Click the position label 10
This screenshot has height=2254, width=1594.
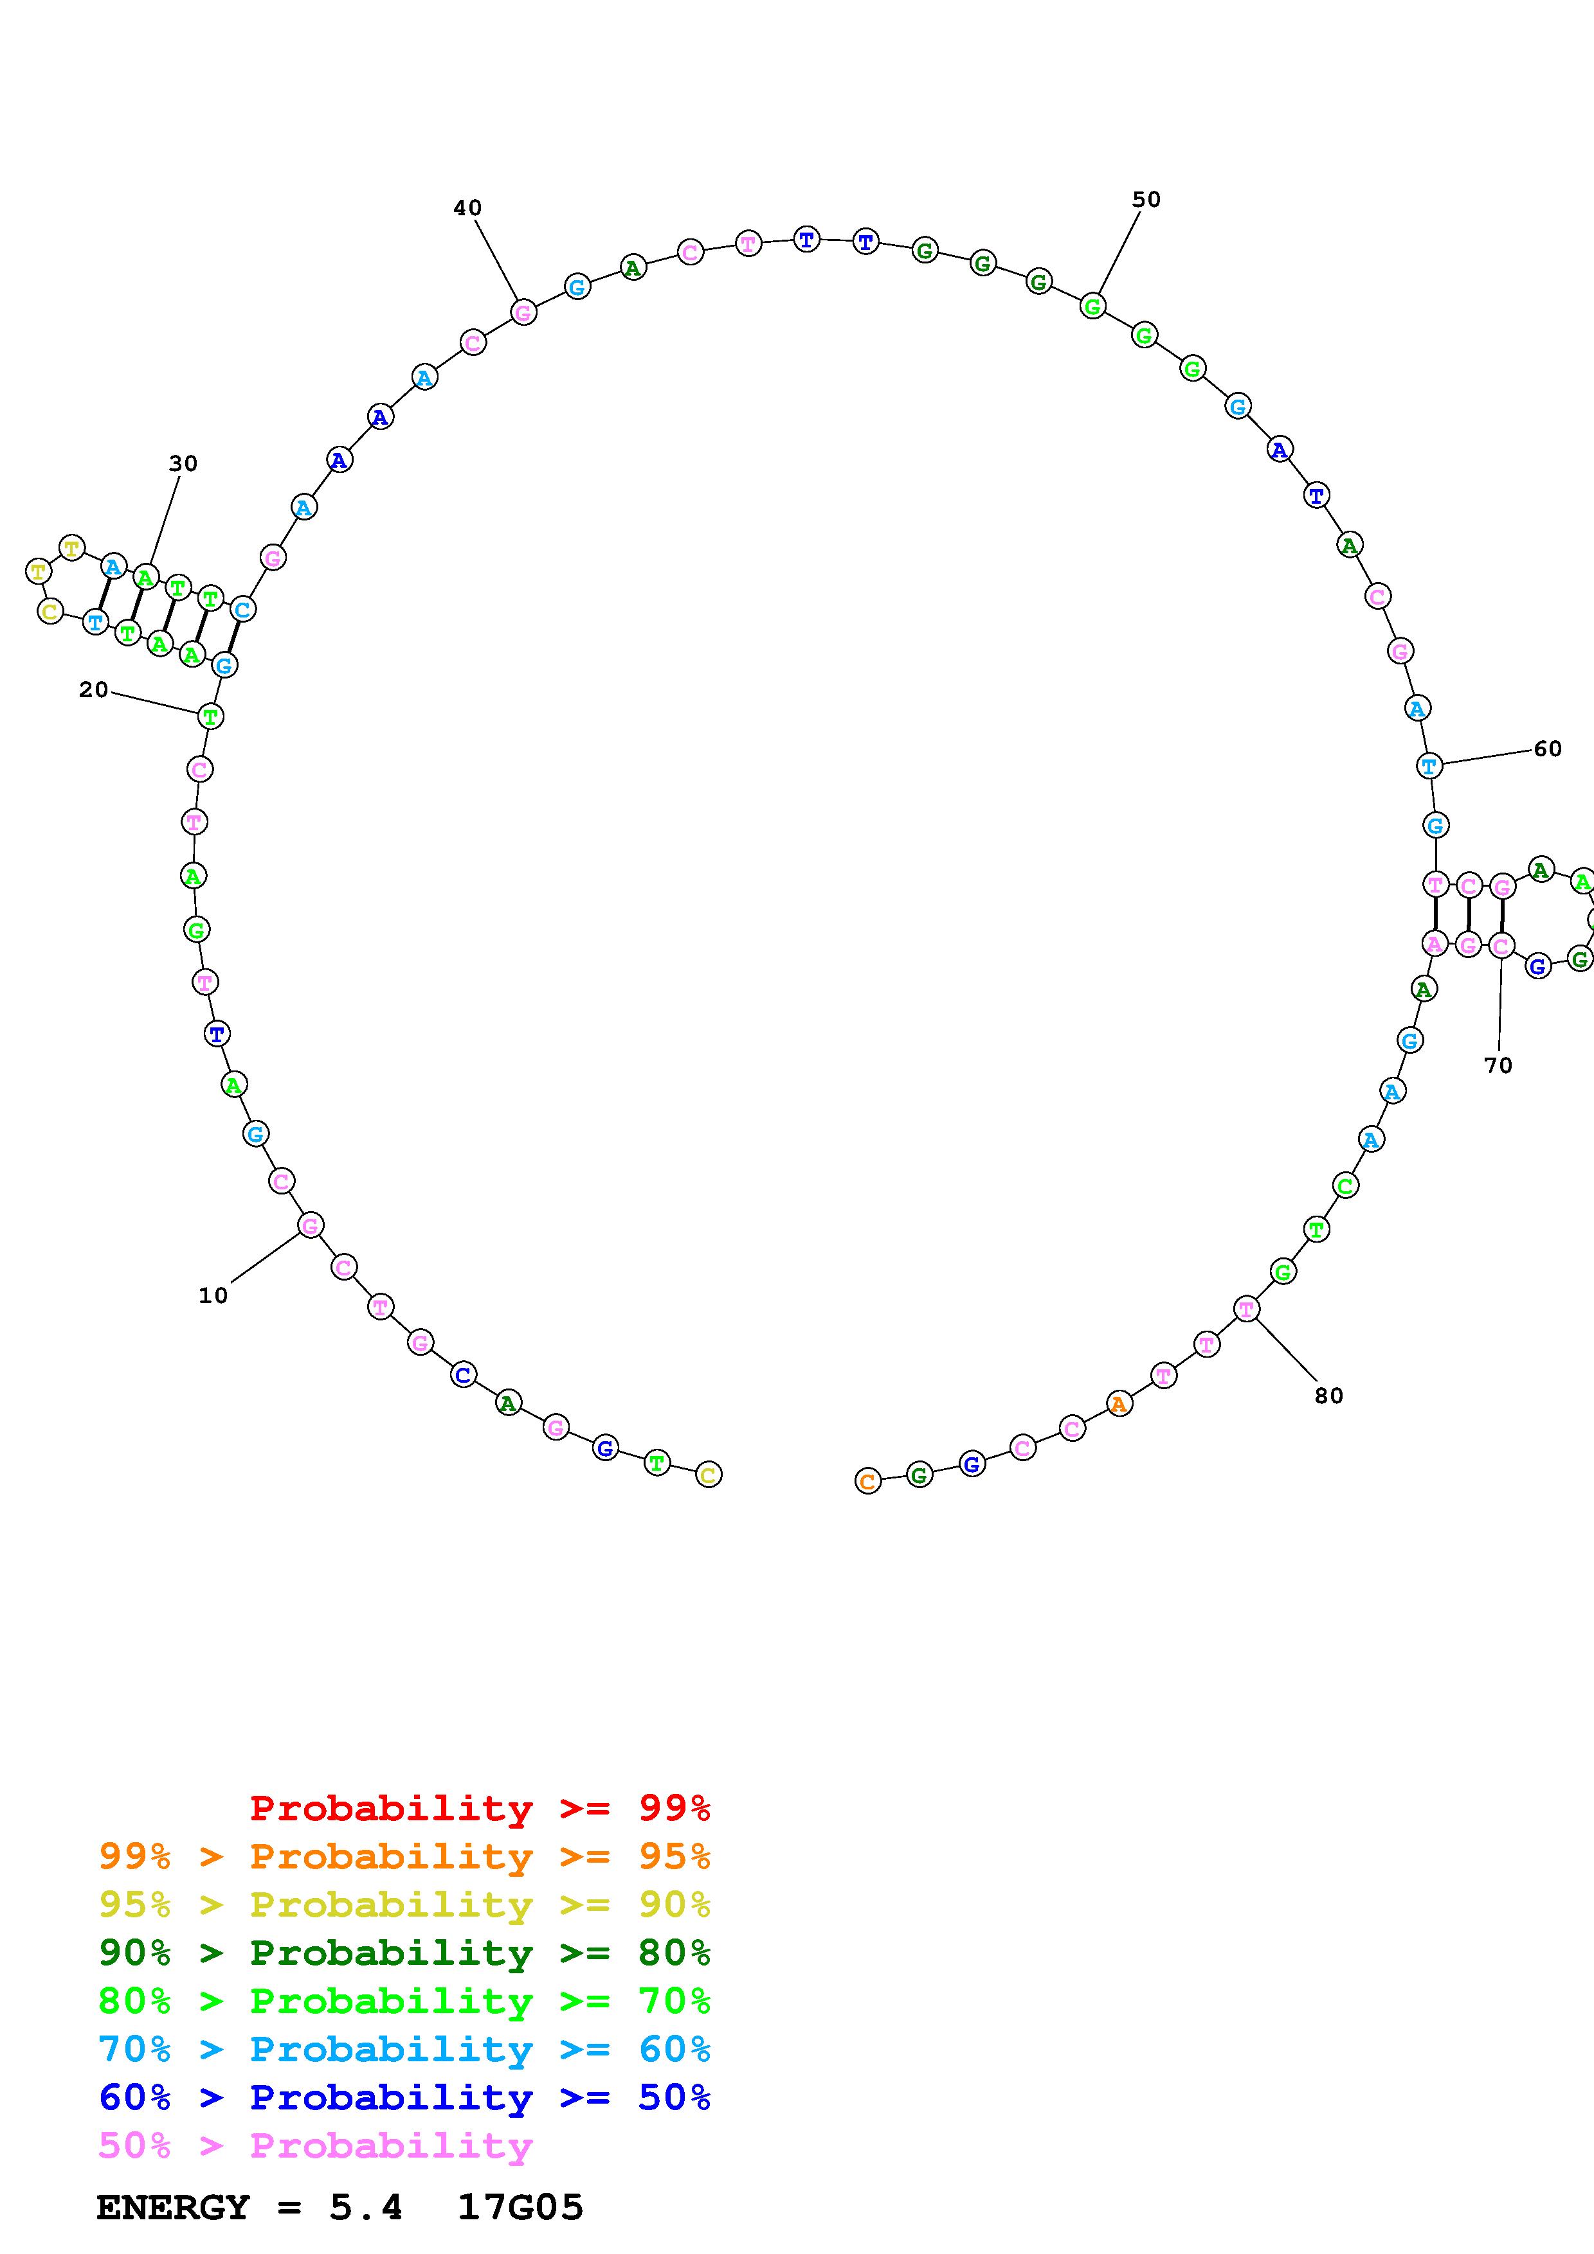click(213, 1296)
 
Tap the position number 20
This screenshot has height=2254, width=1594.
click(93, 690)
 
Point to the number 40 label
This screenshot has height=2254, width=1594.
click(467, 208)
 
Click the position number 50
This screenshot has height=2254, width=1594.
click(1146, 199)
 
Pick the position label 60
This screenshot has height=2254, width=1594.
click(1547, 749)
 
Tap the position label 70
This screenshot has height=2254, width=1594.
click(1498, 1065)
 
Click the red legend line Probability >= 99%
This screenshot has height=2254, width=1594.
click(480, 1808)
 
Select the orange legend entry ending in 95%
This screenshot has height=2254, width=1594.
click(404, 1856)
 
